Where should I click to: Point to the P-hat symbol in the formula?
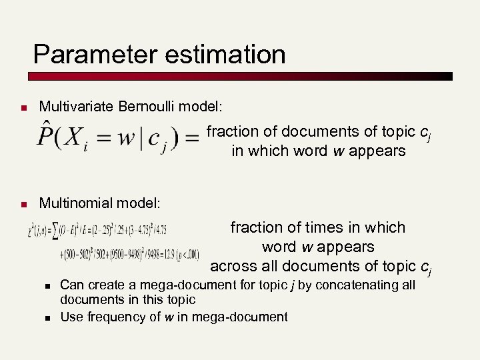47,136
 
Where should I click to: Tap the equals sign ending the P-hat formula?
191,138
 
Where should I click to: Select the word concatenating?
365,285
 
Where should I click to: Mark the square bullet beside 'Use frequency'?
48,317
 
